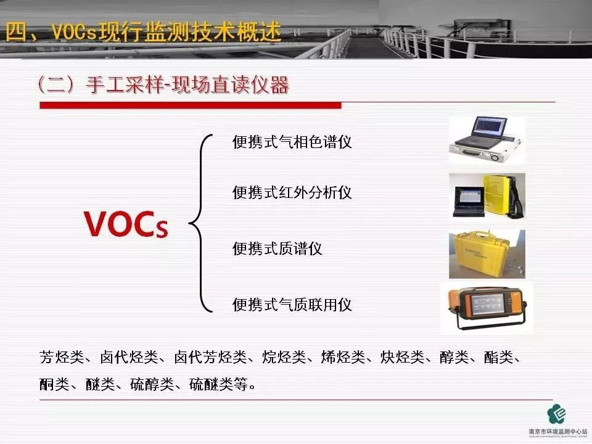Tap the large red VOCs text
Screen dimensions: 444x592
[x=126, y=224]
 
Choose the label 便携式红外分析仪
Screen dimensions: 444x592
[x=292, y=192]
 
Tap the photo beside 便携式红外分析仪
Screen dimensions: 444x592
[x=487, y=195]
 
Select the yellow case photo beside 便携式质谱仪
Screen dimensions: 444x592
[x=487, y=253]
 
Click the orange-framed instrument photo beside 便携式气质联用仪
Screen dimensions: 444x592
[x=487, y=308]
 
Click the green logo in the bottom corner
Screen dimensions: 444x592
[x=557, y=414]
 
